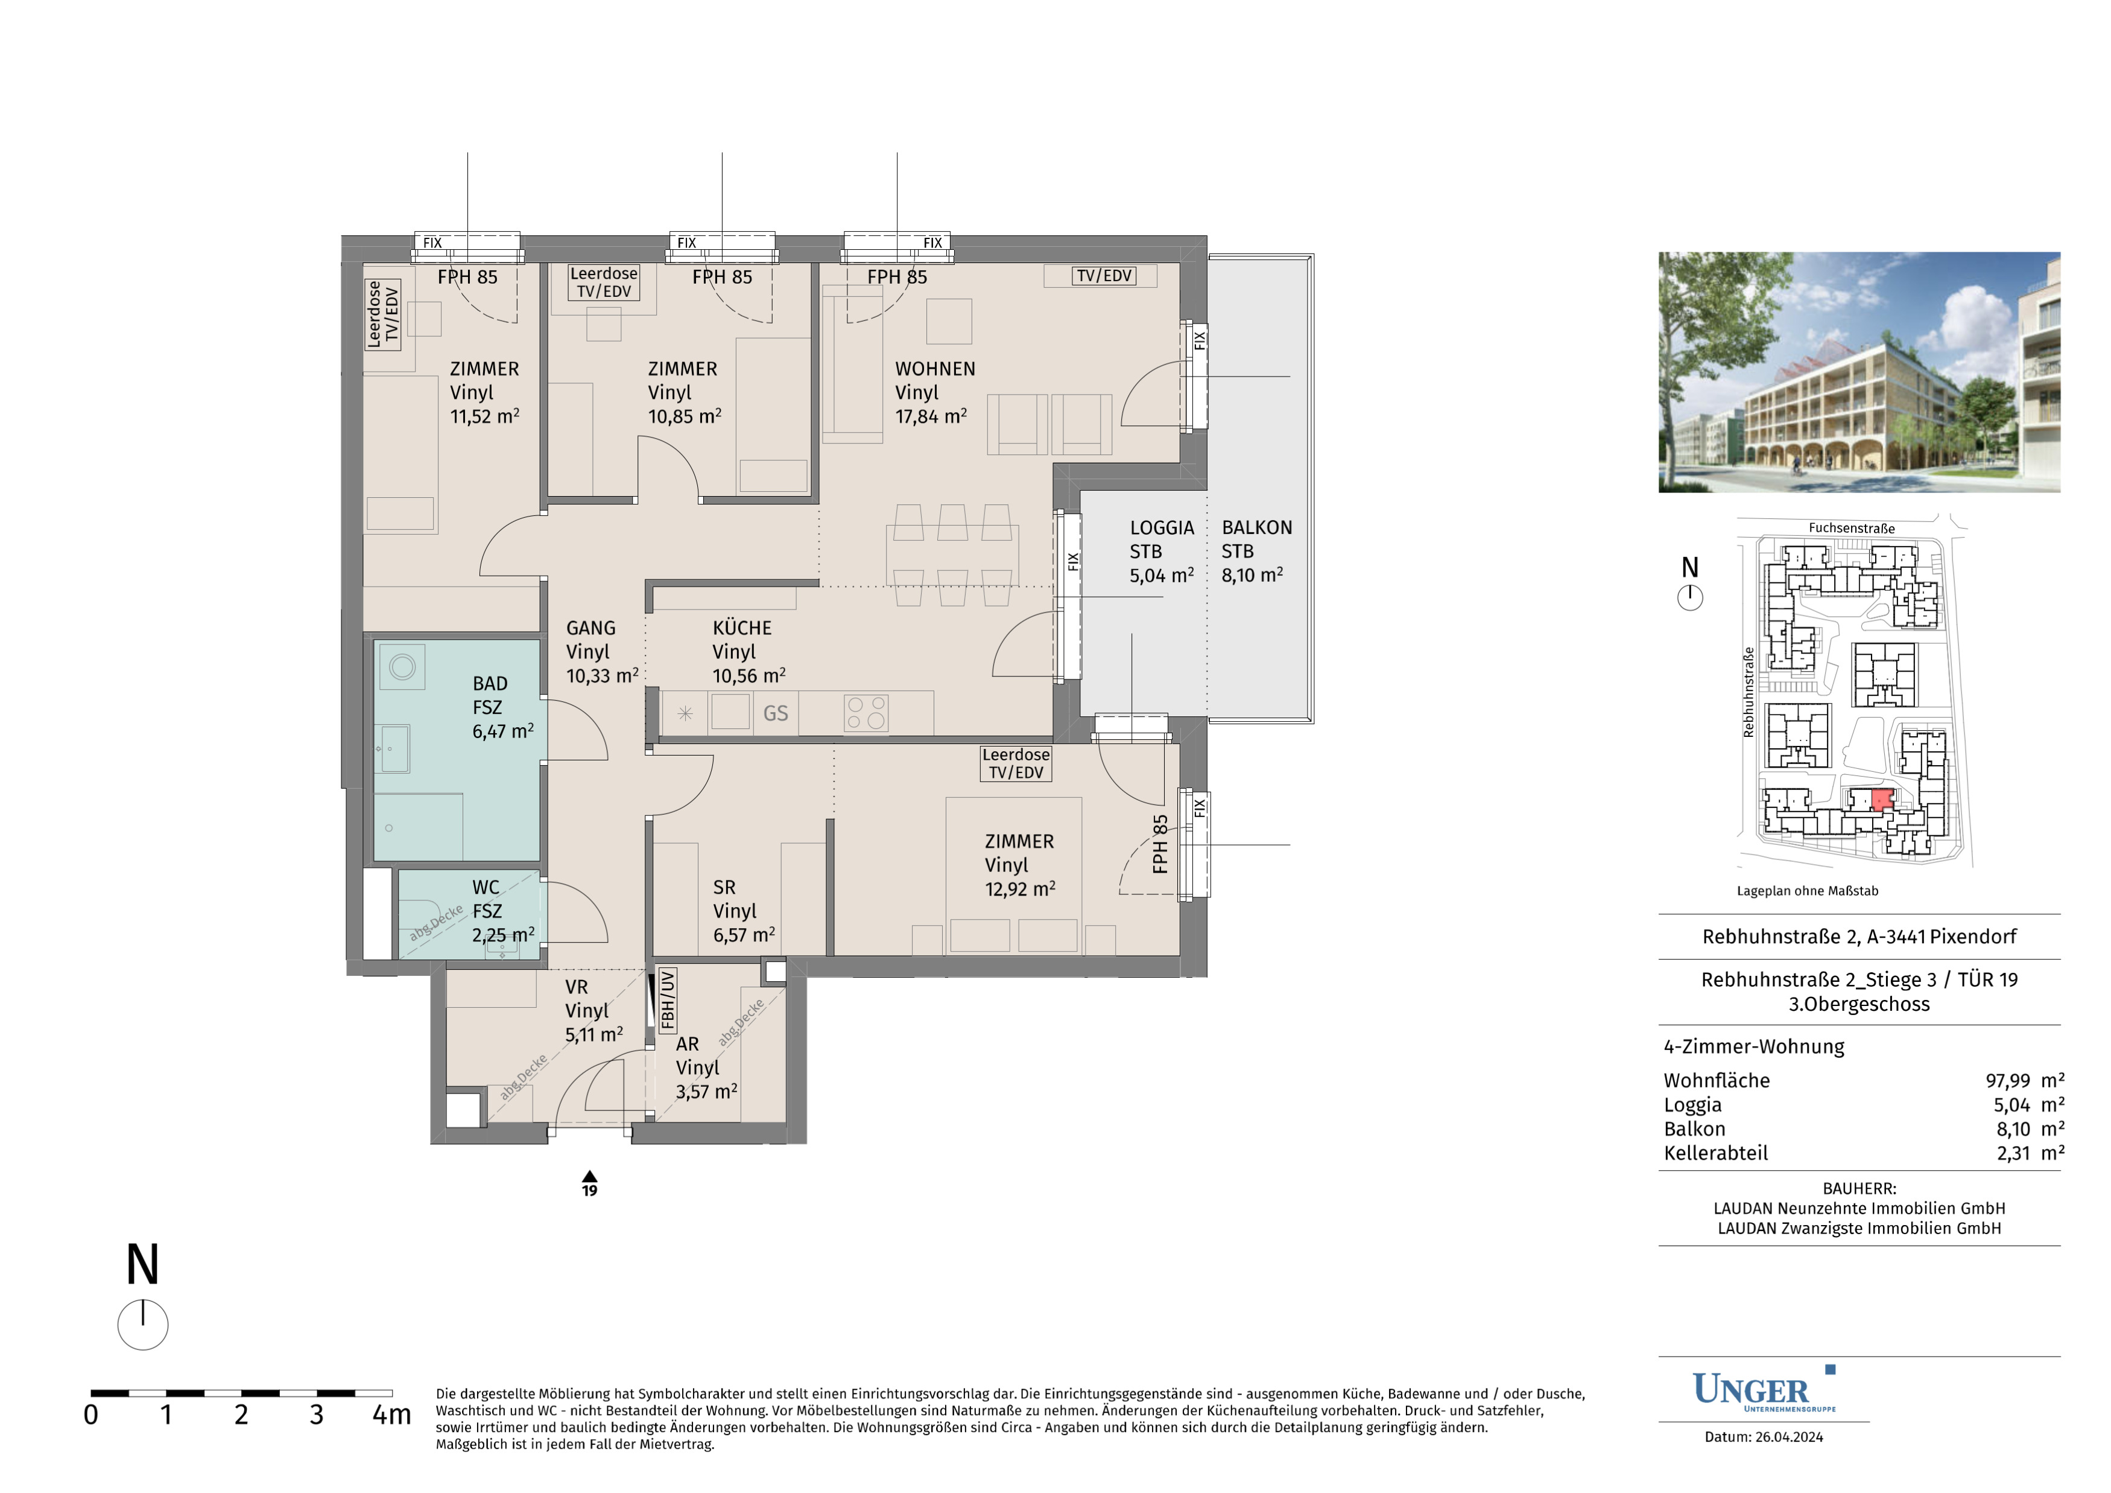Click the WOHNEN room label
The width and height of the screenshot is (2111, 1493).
[935, 369]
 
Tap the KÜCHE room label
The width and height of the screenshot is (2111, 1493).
[742, 628]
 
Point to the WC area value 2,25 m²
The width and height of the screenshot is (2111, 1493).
[503, 935]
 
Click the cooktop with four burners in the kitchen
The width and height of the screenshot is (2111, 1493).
[866, 713]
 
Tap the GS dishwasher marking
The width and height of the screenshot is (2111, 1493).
[775, 713]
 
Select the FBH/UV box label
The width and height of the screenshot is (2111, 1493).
[668, 998]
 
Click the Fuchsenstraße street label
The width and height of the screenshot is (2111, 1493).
[1852, 528]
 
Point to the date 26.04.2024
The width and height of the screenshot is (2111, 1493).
[1789, 1437]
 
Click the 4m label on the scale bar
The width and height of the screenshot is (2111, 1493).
[391, 1415]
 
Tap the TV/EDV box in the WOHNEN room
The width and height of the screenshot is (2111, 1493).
[1104, 276]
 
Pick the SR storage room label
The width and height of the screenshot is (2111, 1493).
[724, 888]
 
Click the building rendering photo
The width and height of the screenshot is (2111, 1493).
[1859, 372]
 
